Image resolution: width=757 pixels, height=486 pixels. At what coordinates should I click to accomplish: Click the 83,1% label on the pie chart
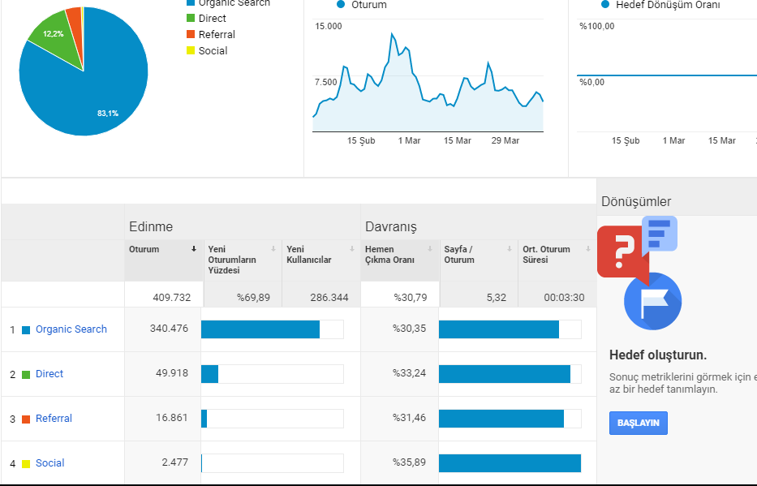click(108, 114)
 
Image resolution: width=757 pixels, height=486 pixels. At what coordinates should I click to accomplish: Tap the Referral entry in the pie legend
click(217, 34)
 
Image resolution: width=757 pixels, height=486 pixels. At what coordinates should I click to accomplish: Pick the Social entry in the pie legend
click(213, 50)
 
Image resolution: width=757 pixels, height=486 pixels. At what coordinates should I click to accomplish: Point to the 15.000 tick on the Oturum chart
click(329, 26)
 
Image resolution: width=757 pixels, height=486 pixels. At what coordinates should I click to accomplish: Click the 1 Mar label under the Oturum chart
click(410, 140)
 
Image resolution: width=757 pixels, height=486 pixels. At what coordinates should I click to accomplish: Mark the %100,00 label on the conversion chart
click(597, 26)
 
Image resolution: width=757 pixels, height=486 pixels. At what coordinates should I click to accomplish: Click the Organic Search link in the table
click(71, 329)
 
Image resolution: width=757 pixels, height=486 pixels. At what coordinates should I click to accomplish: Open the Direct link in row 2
click(49, 373)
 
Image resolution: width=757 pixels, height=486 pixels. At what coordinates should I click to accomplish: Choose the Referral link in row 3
click(54, 418)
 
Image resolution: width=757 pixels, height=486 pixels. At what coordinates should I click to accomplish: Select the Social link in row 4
click(49, 462)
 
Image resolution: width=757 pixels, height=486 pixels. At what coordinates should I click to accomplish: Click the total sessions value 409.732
click(172, 297)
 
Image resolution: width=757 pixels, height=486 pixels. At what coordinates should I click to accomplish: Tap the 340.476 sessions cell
click(169, 328)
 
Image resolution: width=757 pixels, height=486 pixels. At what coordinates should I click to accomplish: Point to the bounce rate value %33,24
click(410, 373)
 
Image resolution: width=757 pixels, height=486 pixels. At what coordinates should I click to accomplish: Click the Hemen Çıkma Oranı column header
click(389, 254)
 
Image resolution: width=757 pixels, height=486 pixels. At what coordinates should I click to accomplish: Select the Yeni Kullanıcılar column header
click(309, 254)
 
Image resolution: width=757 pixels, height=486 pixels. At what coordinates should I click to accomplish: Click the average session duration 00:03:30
click(565, 297)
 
